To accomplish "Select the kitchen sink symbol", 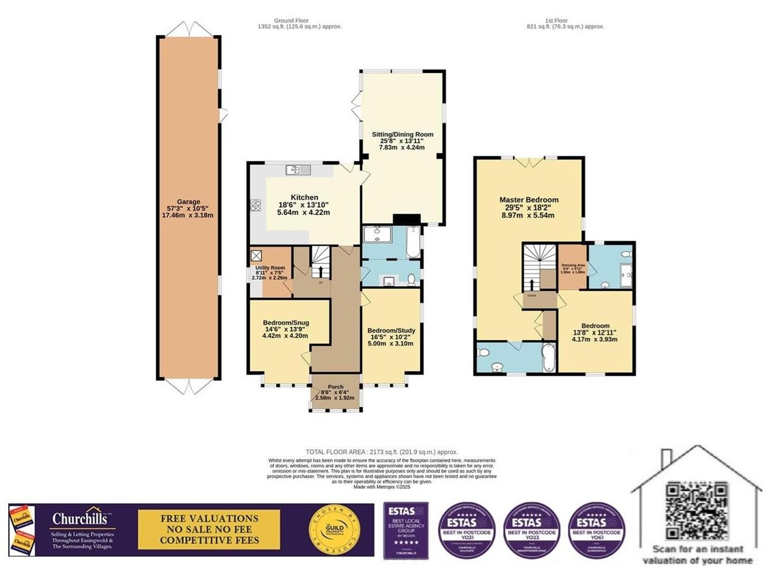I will click(298, 170).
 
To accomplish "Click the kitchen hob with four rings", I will click(256, 205).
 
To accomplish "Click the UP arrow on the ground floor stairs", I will click(321, 272).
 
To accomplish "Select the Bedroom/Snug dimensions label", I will click(285, 332).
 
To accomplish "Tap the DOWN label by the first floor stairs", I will click(531, 294).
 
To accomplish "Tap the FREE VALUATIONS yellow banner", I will click(209, 530).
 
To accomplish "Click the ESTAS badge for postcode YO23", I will click(532, 530).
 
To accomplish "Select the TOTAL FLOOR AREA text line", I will click(382, 452).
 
